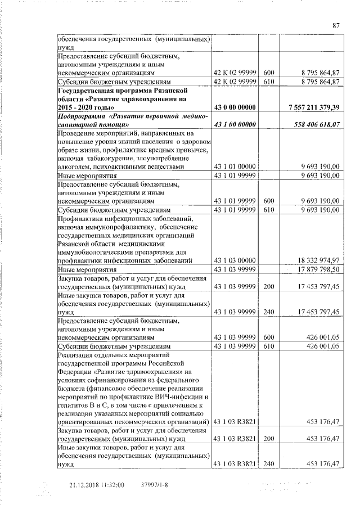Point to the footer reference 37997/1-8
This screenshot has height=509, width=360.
tap(154, 484)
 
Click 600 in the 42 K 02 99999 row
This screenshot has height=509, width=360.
tap(268, 73)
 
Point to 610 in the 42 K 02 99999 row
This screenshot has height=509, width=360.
tap(268, 82)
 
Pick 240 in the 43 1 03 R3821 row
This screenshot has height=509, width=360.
tap(268, 464)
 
